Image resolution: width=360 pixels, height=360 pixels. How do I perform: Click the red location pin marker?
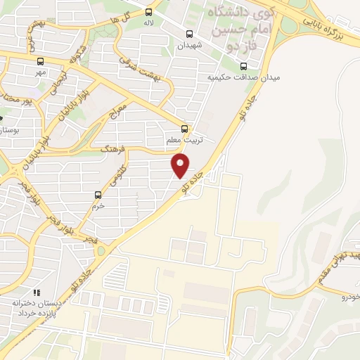181,165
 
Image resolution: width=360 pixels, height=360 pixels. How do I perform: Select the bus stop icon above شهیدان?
188,33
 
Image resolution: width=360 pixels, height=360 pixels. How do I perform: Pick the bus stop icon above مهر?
41,60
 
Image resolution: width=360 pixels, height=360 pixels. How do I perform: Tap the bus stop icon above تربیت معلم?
185,128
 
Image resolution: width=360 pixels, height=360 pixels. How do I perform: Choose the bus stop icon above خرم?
98,195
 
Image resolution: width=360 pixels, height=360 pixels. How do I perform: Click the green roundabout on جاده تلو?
101,251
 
